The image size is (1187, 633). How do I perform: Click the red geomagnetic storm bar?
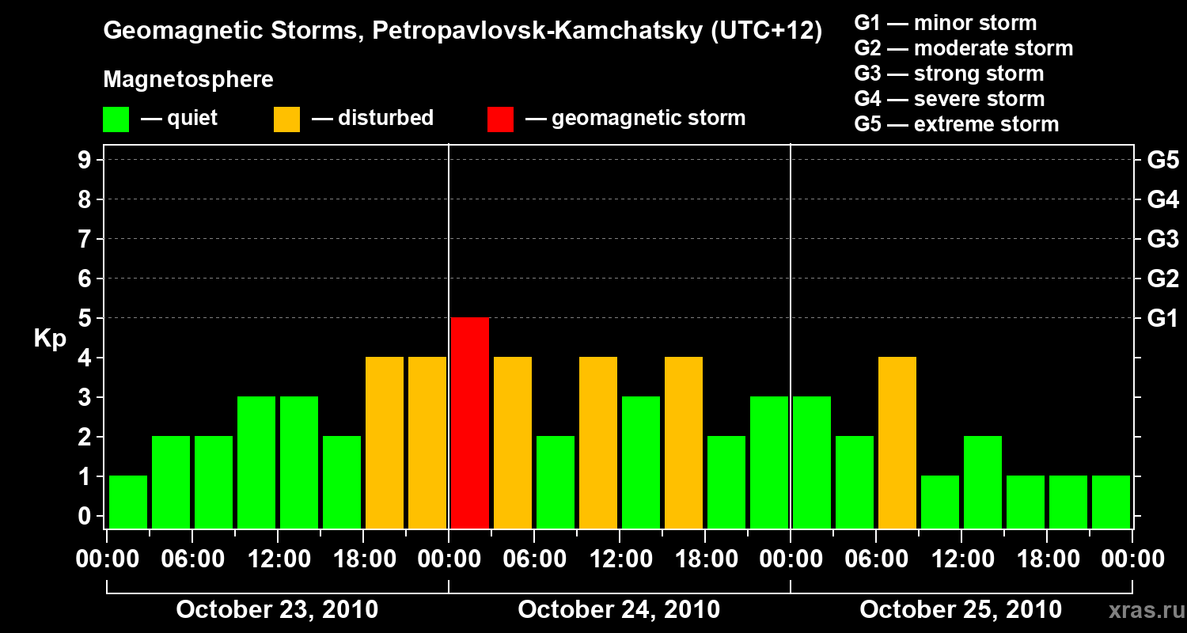pos(470,423)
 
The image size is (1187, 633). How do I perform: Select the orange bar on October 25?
pos(897,442)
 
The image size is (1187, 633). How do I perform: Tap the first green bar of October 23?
pos(128,502)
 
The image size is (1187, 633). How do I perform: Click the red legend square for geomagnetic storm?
pos(500,119)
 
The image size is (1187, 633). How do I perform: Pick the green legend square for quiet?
pos(116,119)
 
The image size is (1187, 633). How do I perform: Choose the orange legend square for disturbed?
pos(287,119)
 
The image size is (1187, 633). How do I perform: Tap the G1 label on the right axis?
pos(1162,318)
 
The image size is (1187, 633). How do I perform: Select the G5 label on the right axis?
pos(1162,160)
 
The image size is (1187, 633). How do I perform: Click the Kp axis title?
pos(50,339)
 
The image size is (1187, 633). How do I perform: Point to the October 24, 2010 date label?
pos(619,610)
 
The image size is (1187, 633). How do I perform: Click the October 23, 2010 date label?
pos(277,610)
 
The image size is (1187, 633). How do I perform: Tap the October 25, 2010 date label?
pos(961,610)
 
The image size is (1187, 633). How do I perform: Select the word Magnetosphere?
pos(188,80)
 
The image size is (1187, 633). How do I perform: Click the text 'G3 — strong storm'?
pos(949,74)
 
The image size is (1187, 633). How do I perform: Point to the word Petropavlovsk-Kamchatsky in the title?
pos(537,32)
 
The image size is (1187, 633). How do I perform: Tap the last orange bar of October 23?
pos(427,442)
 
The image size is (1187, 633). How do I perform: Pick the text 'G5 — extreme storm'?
pos(956,124)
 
